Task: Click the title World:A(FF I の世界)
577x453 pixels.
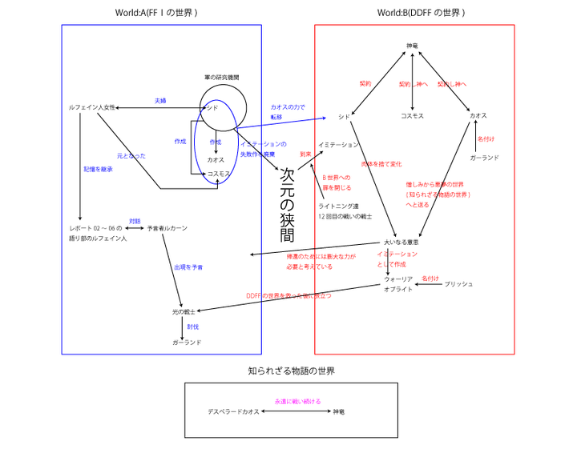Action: (x=156, y=13)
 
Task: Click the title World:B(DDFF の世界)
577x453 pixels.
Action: (x=421, y=13)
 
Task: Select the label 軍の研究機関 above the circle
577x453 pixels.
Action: (x=221, y=78)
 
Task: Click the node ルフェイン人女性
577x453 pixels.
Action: (x=92, y=106)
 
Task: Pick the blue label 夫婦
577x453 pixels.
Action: (x=160, y=101)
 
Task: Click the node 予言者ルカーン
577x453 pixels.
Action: (x=167, y=228)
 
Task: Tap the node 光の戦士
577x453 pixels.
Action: (x=183, y=311)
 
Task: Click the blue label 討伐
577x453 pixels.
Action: (x=192, y=327)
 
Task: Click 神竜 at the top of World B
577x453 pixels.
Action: (x=413, y=46)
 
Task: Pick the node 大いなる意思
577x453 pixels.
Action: (x=401, y=242)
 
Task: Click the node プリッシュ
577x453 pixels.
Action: (x=458, y=284)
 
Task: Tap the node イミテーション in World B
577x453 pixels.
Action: (x=338, y=145)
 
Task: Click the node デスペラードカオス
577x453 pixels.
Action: (x=233, y=411)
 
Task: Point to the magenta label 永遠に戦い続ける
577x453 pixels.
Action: (x=297, y=400)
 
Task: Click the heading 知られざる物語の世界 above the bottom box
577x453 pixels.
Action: (x=291, y=371)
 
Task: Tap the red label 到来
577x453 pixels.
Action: (x=305, y=153)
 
